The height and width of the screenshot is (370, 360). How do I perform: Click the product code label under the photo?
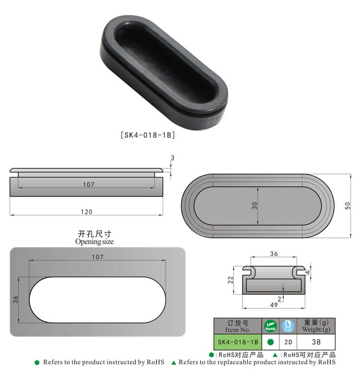(147, 135)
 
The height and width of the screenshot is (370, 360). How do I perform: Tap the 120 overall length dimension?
(86, 211)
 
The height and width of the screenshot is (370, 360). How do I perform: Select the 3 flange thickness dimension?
(172, 158)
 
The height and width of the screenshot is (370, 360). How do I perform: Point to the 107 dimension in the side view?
(88, 185)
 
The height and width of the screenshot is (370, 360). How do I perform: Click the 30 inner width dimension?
(255, 205)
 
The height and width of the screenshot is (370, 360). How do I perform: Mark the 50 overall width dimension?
(348, 205)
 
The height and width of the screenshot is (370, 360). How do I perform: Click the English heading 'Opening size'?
(95, 242)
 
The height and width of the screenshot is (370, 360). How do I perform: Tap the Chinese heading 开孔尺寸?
(95, 234)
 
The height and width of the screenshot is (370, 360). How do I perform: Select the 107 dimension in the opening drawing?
(97, 257)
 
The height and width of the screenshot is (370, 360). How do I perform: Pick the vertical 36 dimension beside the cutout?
(15, 299)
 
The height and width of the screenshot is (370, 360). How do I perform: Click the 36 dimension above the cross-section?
(275, 254)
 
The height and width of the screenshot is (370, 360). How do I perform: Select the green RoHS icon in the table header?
(270, 326)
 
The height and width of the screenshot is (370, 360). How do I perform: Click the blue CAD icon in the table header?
(288, 326)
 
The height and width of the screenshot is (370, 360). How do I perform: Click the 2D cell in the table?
(288, 342)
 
